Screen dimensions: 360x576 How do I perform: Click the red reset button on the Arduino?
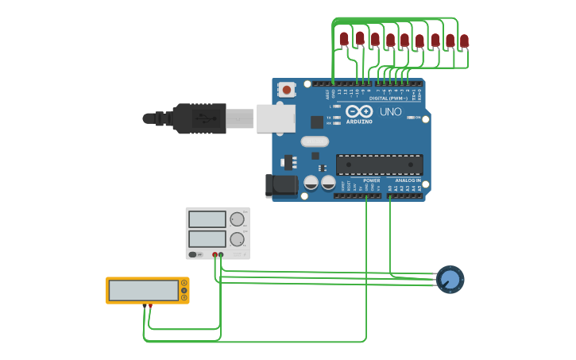click(x=287, y=90)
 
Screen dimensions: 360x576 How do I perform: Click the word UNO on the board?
click(x=390, y=112)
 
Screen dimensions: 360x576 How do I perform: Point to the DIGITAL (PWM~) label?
click(x=389, y=99)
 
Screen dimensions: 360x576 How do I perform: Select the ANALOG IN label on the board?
click(x=408, y=180)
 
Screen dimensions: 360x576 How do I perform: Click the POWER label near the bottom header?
click(x=371, y=180)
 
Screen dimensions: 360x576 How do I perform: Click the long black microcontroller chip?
click(x=379, y=165)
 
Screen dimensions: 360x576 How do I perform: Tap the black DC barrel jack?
click(x=280, y=186)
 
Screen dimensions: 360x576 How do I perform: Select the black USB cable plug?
click(x=199, y=118)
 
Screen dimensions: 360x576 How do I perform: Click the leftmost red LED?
click(x=344, y=38)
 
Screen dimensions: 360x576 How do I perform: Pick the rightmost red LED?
click(x=464, y=41)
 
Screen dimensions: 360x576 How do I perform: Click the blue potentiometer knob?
click(x=450, y=280)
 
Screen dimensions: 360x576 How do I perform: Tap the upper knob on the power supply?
click(x=237, y=219)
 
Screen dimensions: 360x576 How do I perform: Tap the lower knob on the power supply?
click(x=237, y=239)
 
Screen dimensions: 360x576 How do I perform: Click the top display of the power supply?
click(x=207, y=219)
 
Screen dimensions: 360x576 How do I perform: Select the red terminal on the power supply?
click(x=215, y=254)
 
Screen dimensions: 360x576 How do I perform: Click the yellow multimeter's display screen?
click(x=144, y=290)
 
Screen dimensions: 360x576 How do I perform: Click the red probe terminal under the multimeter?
click(x=150, y=305)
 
